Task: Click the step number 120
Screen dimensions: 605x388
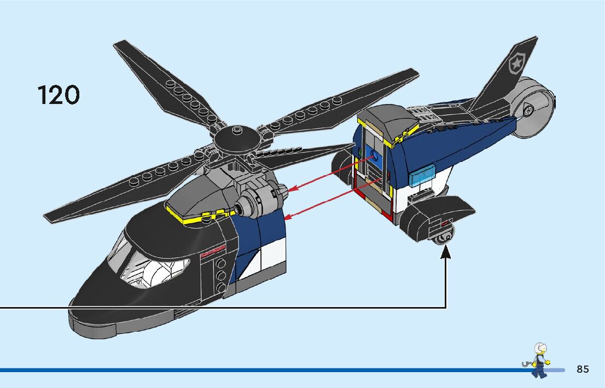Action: (59, 95)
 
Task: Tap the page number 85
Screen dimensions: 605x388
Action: (583, 369)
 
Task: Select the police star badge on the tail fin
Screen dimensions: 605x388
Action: (516, 65)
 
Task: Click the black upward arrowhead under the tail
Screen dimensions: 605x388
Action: (446, 251)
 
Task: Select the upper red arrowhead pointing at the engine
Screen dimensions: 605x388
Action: (292, 189)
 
